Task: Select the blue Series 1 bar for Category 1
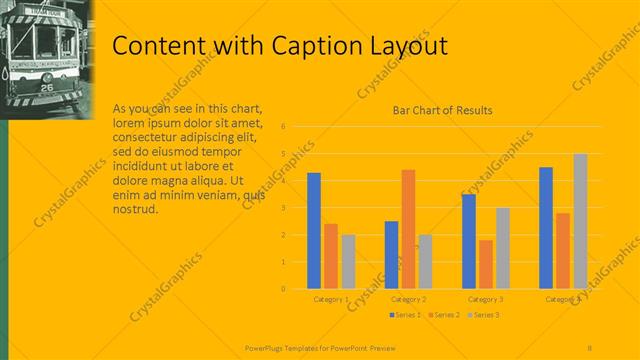(314, 230)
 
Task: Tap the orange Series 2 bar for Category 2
(408, 229)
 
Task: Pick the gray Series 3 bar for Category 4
(580, 221)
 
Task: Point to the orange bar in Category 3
(486, 264)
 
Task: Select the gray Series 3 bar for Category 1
(348, 261)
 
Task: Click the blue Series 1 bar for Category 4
(546, 227)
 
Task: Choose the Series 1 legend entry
(405, 315)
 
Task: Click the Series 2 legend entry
(444, 315)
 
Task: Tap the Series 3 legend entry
(483, 315)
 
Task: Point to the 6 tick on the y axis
(285, 127)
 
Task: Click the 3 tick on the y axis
(285, 208)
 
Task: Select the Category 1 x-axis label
(331, 299)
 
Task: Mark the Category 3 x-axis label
(486, 299)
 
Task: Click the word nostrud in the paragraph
(135, 208)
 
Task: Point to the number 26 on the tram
(47, 87)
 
